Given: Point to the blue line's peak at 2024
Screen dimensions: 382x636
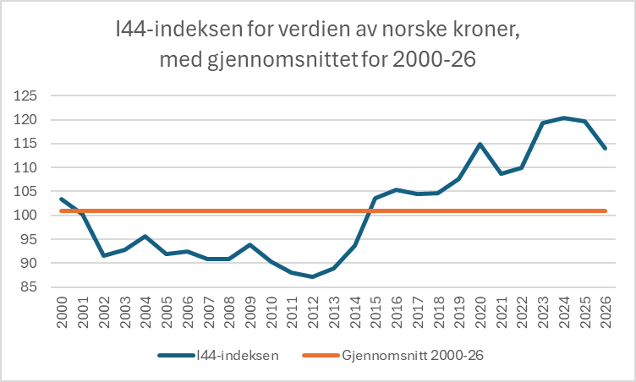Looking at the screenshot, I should click(x=563, y=117).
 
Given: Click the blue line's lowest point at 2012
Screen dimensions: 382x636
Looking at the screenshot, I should click(x=313, y=276).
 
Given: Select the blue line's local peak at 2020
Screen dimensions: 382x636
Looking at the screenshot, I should click(x=480, y=144).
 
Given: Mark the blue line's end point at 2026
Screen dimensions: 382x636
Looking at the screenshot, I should click(x=605, y=148).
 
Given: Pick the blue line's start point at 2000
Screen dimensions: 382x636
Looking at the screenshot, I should click(x=63, y=199).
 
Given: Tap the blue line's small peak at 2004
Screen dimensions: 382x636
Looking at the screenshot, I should click(x=146, y=237).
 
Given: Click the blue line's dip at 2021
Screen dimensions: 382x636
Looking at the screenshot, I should click(x=501, y=173).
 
